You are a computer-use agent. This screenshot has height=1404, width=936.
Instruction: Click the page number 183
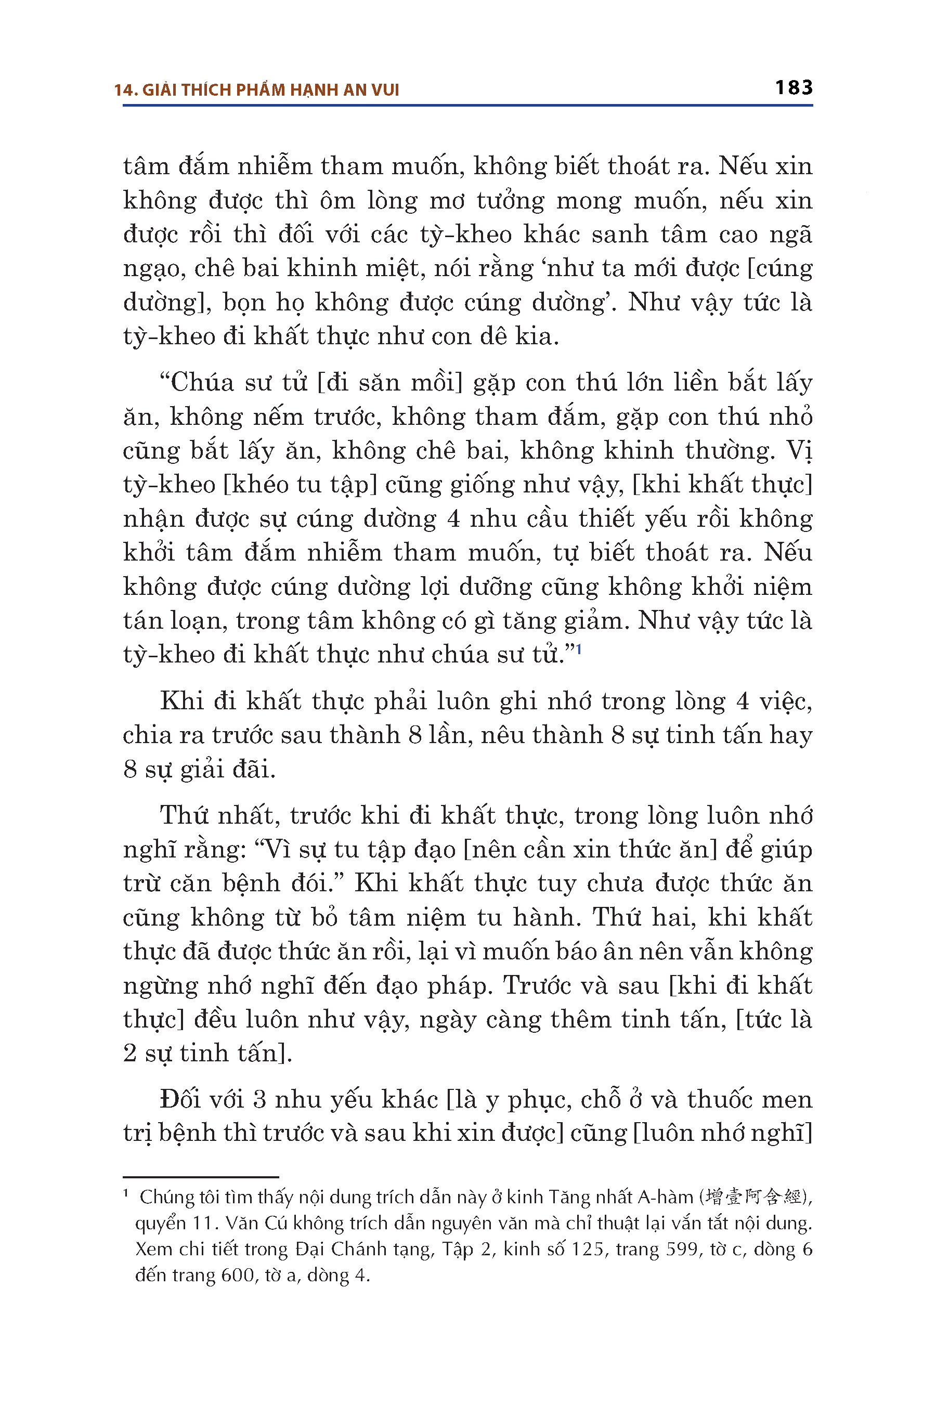[x=794, y=88]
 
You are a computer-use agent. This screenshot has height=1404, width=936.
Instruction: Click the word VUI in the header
[x=385, y=90]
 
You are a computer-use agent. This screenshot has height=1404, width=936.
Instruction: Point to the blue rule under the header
[x=467, y=106]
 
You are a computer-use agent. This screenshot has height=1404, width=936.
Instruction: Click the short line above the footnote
[x=201, y=1177]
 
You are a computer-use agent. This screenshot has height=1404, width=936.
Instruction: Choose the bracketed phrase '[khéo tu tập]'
[x=300, y=485]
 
